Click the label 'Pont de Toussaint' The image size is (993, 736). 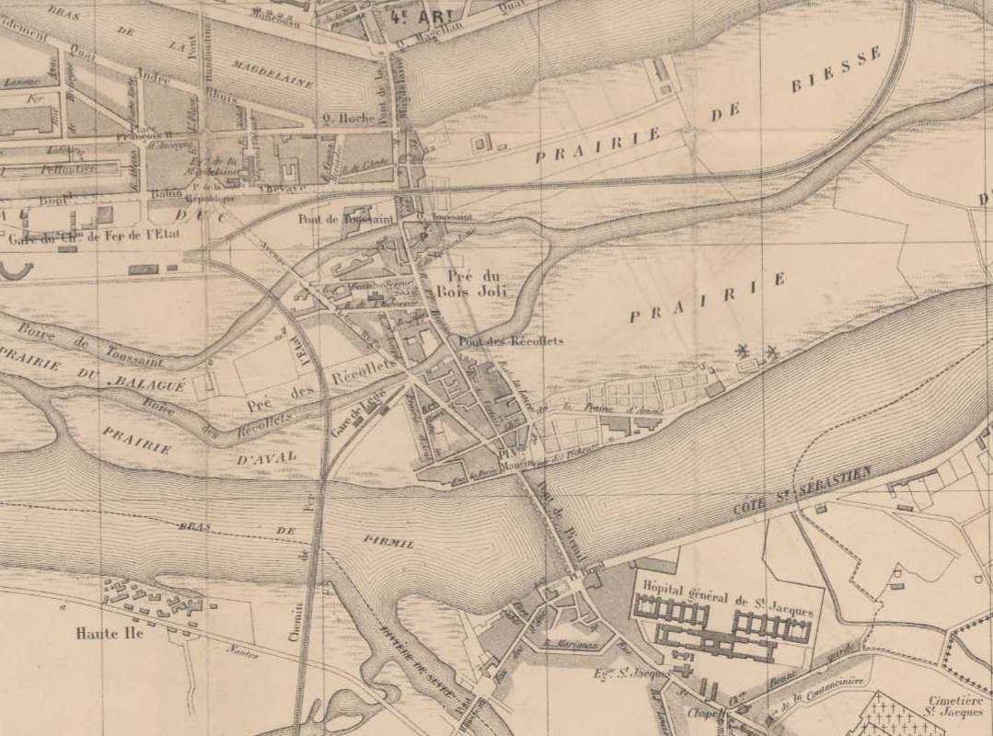point(346,219)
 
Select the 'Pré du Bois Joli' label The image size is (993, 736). point(471,284)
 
